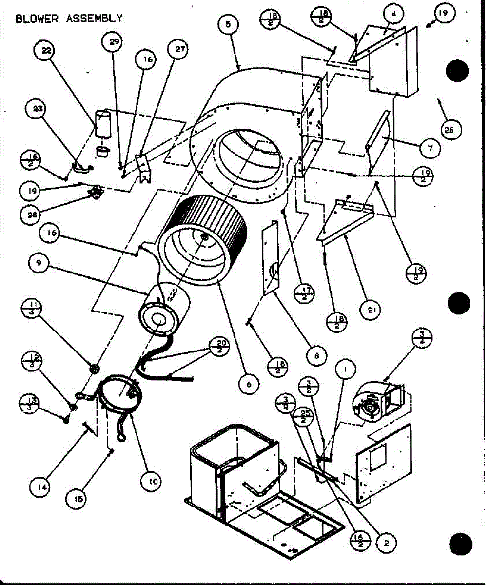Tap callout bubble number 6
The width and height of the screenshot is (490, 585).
pyautogui.click(x=249, y=384)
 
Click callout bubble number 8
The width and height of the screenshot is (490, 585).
pyautogui.click(x=316, y=356)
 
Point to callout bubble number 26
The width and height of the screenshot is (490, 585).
pyautogui.click(x=449, y=129)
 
